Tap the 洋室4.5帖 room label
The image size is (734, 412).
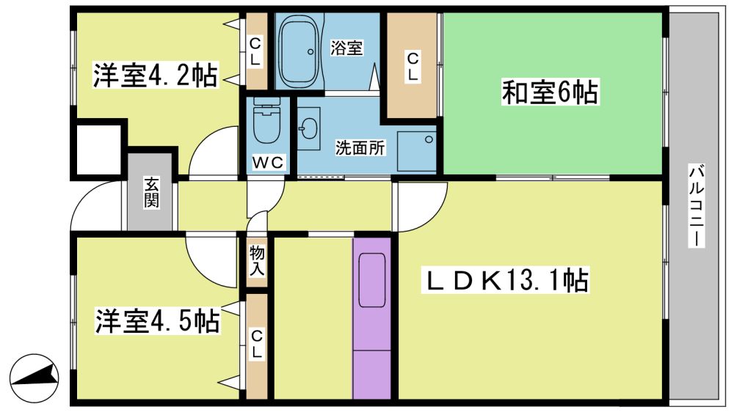click(x=157, y=321)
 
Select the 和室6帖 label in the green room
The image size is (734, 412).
click(x=550, y=92)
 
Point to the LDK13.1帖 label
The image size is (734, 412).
click(x=506, y=280)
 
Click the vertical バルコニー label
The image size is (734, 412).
click(x=696, y=205)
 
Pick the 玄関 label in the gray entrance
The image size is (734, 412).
click(x=151, y=193)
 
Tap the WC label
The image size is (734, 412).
click(x=268, y=162)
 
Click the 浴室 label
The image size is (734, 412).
click(x=346, y=48)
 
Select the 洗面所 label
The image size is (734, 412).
click(x=360, y=148)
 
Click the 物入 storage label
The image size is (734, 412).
click(x=256, y=260)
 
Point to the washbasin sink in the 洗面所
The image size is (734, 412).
click(x=309, y=128)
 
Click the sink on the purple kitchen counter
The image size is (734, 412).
click(x=372, y=280)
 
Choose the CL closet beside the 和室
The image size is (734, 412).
click(x=413, y=66)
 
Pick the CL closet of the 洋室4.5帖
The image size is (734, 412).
click(x=256, y=347)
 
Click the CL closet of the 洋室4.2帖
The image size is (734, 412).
click(x=256, y=51)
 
